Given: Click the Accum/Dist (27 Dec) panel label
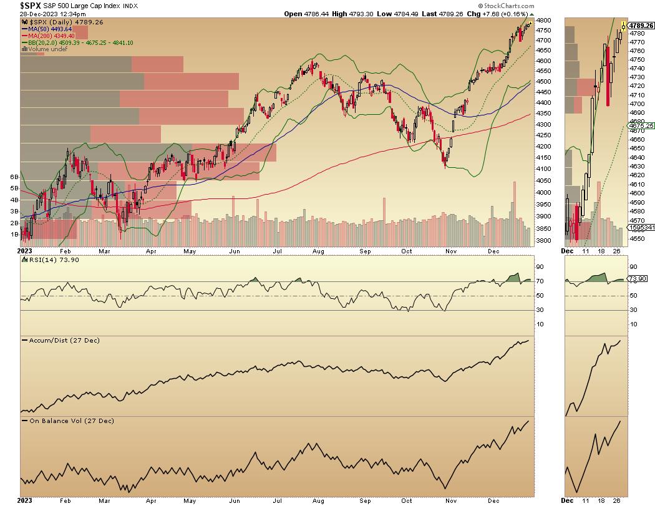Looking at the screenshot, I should pyautogui.click(x=57, y=340).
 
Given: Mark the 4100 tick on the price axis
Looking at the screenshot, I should pyautogui.click(x=543, y=168).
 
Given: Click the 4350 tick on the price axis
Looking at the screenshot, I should pyautogui.click(x=543, y=113).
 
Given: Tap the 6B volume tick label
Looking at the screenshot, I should pyautogui.click(x=13, y=177).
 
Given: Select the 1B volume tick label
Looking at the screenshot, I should pyautogui.click(x=13, y=234).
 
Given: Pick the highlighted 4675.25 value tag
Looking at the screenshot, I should pyautogui.click(x=642, y=125).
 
